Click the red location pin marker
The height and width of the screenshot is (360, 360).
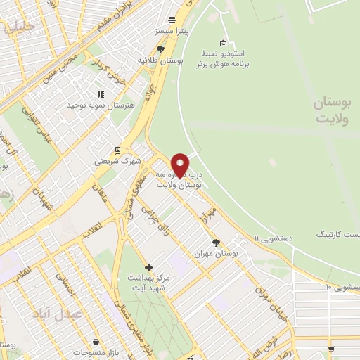[179, 165]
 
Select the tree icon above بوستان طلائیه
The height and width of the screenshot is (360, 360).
[161, 49]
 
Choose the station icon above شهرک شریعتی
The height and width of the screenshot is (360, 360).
[118, 149]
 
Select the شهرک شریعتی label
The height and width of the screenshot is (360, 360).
[118, 161]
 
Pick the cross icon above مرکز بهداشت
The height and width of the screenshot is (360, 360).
[148, 267]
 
